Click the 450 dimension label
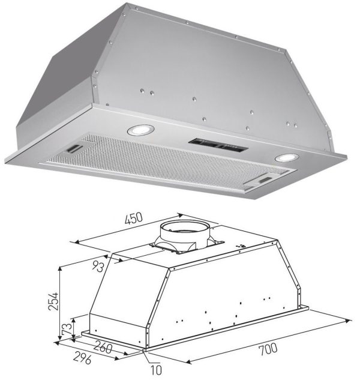[133, 219]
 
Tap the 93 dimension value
[98, 267]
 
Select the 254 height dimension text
[53, 301]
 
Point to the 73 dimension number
[67, 329]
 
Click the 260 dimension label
[103, 347]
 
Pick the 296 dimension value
[82, 358]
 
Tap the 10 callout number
[156, 370]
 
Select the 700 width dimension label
[268, 349]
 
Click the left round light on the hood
[140, 130]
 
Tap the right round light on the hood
[287, 157]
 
